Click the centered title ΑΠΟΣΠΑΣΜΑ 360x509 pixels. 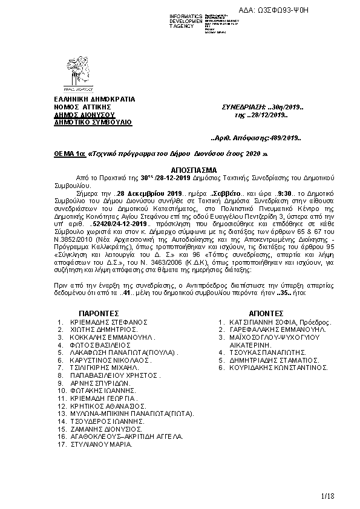point(179,170)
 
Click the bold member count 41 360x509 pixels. point(126,293)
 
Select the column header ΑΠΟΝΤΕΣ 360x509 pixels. point(266,314)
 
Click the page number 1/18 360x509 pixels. point(327,496)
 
